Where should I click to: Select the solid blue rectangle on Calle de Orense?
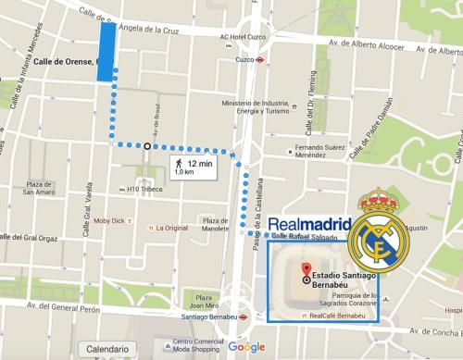107,53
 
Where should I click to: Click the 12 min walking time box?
193,167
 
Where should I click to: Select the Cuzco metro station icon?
263,60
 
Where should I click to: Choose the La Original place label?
169,226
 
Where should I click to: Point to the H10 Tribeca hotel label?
144,191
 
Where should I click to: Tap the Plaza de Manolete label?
215,226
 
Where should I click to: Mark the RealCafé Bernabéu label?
338,315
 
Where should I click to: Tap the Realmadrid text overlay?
309,224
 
